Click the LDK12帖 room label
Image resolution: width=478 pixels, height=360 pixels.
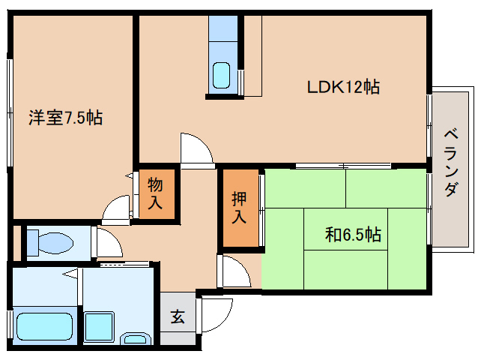click(x=343, y=88)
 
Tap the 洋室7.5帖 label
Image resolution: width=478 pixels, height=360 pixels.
click(x=65, y=118)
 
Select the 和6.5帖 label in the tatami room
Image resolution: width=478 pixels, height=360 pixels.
click(x=353, y=235)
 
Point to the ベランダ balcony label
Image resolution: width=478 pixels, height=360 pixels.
click(x=451, y=163)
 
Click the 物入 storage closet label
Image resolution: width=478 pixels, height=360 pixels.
click(x=155, y=193)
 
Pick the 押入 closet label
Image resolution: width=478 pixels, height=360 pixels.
click(x=239, y=208)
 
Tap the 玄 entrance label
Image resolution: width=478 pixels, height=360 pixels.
click(x=178, y=316)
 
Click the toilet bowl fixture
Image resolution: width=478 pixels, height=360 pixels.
click(x=50, y=243)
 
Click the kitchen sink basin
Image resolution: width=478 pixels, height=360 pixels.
click(x=221, y=75)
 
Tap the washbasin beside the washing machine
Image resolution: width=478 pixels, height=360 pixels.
click(x=136, y=338)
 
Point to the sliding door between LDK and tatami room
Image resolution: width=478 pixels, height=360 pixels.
click(x=343, y=166)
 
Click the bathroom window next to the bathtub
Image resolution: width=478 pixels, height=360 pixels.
click(x=10, y=324)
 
